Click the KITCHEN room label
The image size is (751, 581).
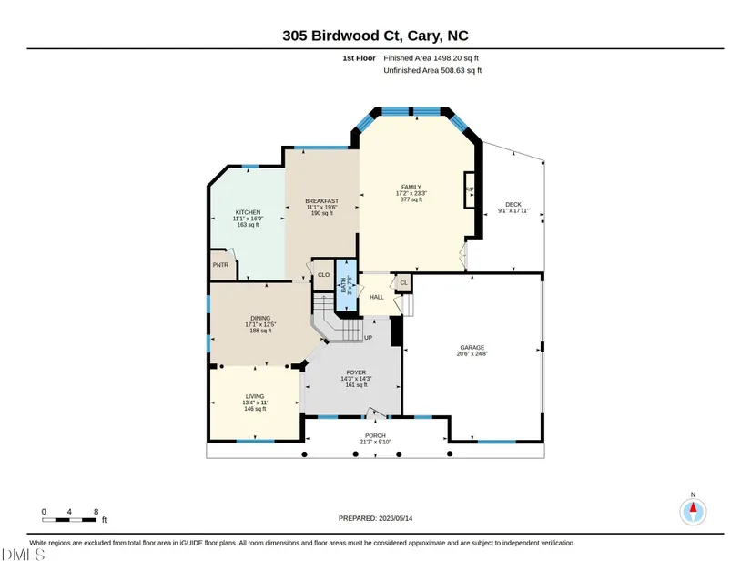(x=248, y=212)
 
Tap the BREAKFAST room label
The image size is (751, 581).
(x=322, y=201)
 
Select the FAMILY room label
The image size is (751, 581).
(x=411, y=188)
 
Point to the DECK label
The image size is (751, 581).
(x=513, y=205)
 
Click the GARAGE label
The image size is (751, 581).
(x=472, y=348)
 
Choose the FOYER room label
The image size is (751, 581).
(x=356, y=372)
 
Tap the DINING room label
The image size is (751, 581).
(x=260, y=319)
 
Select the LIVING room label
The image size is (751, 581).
(x=255, y=397)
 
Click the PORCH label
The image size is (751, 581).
(x=375, y=436)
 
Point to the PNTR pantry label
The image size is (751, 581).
(x=220, y=265)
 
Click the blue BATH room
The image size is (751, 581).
(x=346, y=285)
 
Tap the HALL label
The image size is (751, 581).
(x=377, y=298)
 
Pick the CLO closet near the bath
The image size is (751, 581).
(x=324, y=275)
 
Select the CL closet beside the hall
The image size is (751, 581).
(x=404, y=282)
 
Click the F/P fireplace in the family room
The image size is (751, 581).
(x=470, y=189)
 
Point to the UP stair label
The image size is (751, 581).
(x=368, y=338)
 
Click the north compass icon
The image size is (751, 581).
(x=693, y=512)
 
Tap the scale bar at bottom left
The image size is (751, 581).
(x=69, y=520)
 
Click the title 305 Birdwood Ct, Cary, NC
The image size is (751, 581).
(x=375, y=36)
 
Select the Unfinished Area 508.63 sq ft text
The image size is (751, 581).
(x=432, y=70)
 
